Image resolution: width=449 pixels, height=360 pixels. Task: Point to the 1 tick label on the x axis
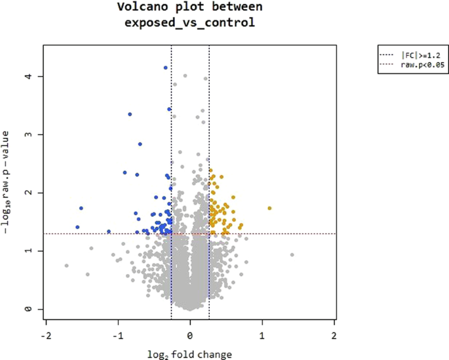coord(263,334)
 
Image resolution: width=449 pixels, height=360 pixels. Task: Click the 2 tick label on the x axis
coord(335,334)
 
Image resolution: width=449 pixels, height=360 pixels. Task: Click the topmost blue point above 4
coord(165,68)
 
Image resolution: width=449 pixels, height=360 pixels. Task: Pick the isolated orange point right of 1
coord(269,208)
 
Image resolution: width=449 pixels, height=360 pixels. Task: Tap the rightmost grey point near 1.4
coord(292,254)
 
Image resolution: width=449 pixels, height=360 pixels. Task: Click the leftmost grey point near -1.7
coord(66,266)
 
